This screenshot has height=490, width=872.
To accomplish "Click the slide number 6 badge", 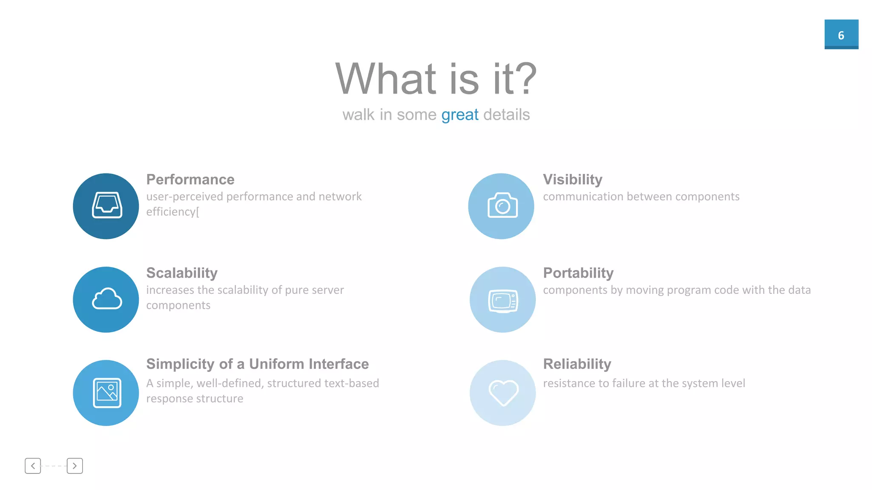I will coord(841,34).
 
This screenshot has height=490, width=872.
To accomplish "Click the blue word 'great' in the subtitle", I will coord(460,115).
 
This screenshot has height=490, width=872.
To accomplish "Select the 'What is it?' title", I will coord(436,79).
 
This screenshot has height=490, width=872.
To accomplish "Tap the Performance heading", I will coord(190,179).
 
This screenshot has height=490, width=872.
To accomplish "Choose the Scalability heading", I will coord(182,273).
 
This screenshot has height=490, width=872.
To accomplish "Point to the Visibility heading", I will coord(573,179).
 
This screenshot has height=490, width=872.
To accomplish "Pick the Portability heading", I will coord(578,273).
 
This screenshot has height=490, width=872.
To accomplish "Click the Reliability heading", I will coord(577,364).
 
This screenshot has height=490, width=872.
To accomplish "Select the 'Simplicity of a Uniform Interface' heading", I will coord(257,364).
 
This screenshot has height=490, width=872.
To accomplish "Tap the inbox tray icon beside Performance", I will coord(106,206).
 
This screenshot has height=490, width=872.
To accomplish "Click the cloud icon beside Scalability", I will coord(106,299).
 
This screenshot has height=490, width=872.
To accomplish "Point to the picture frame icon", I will coord(106,393).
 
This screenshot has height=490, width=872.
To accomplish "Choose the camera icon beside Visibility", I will coord(502,206).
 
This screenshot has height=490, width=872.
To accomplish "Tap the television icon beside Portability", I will coord(503,300).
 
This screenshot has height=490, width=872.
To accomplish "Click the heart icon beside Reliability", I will coord(503,393).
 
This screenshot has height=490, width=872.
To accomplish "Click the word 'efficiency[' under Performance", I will coord(172,212).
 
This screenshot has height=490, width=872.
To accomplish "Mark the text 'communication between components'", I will coord(641,197).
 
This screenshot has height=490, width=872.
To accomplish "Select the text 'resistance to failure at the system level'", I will coord(644,383).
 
